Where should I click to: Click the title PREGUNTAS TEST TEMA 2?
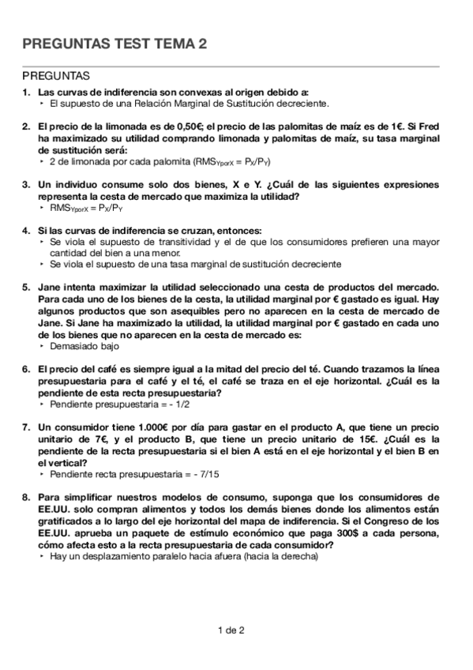(115, 46)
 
